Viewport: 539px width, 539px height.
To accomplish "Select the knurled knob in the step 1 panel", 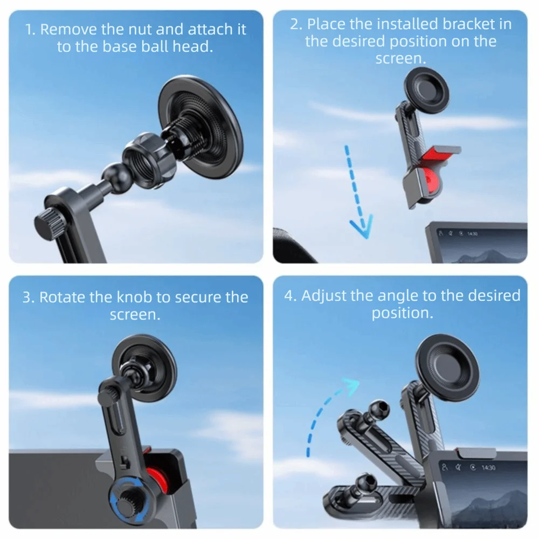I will pyautogui.click(x=49, y=222).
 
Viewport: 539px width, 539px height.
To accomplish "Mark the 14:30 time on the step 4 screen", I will pyautogui.click(x=488, y=468).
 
